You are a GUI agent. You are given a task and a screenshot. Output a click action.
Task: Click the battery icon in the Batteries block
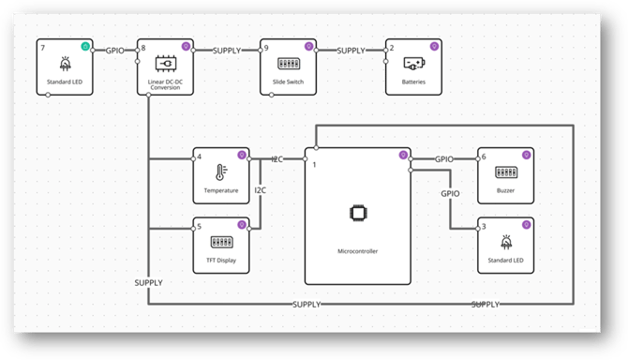point(412,64)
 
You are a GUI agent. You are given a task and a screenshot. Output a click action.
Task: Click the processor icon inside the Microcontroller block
point(357,213)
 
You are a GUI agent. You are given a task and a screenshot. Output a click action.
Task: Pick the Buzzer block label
point(506,190)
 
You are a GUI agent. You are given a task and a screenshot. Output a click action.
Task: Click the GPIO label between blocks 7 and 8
point(116,49)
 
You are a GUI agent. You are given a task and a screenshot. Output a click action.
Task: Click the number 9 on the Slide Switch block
point(267,48)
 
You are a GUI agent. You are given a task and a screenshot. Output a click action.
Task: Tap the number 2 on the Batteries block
point(392,48)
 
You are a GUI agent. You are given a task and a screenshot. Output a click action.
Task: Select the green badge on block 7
point(86,46)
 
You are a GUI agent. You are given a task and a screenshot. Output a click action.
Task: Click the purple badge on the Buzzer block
point(527,155)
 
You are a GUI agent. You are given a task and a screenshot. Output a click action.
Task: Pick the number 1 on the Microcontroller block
point(313,164)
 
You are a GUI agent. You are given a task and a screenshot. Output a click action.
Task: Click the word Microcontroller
point(357,252)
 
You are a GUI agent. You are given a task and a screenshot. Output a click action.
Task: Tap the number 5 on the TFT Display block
point(200,226)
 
